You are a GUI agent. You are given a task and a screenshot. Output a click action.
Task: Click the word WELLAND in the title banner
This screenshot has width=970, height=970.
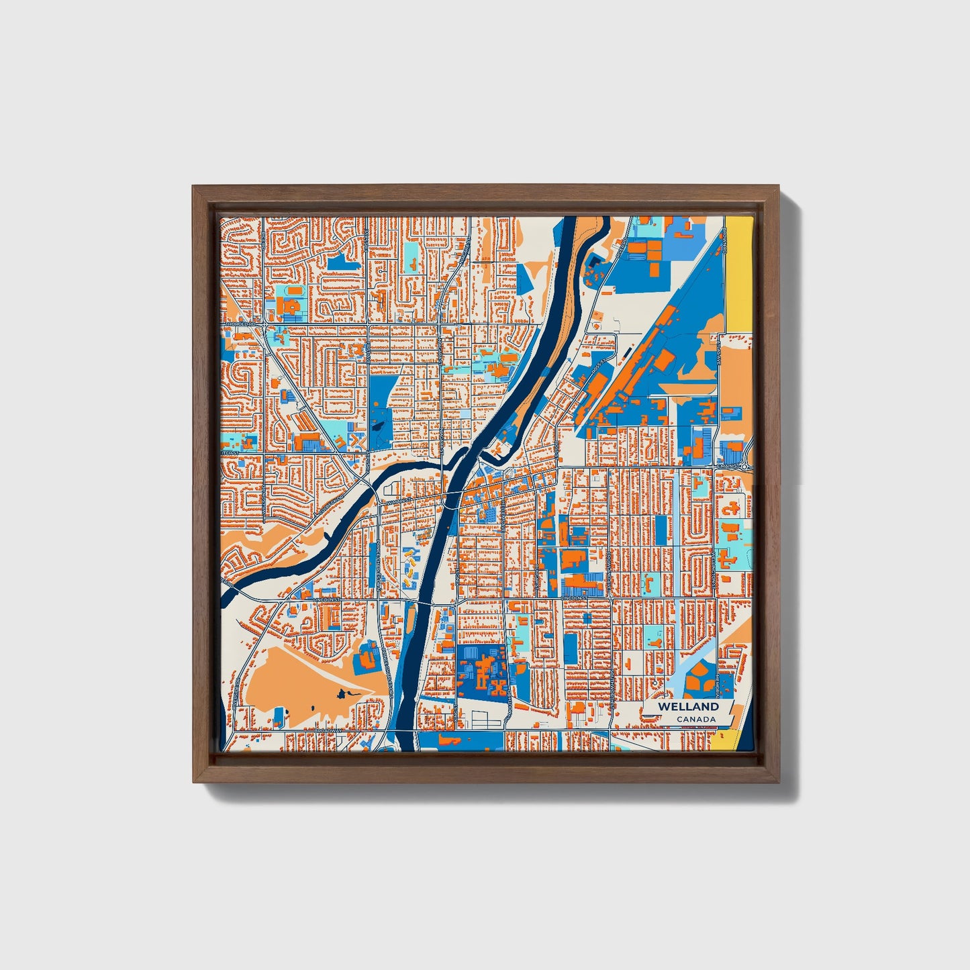(688, 706)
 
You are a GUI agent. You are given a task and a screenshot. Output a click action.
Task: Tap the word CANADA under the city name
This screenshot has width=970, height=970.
(695, 720)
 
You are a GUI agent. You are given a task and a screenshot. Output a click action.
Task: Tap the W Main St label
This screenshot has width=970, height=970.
(395, 500)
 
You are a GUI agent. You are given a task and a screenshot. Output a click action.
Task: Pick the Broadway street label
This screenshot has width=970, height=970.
(329, 730)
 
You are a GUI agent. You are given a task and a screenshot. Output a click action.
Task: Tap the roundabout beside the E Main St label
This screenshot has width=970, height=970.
(745, 465)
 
